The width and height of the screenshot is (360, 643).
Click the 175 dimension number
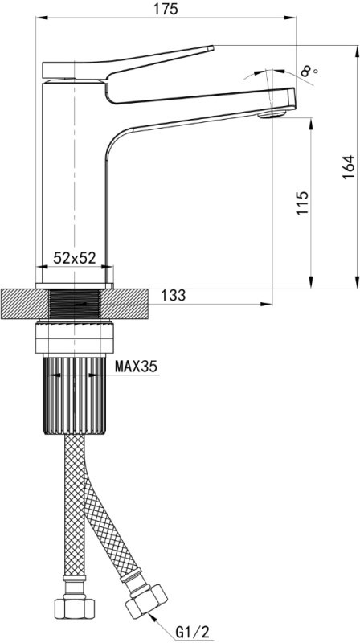coord(167,8)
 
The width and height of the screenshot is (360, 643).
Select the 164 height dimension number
coord(348,166)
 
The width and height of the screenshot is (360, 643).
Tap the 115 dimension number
coord(302,203)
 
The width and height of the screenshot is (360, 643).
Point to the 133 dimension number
coord(174,295)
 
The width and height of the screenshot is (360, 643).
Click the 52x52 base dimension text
coord(74,257)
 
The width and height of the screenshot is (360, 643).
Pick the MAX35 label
coord(136,366)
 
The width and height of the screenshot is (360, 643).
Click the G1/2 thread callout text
coord(192,633)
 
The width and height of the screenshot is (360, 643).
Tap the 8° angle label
coord(309,72)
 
